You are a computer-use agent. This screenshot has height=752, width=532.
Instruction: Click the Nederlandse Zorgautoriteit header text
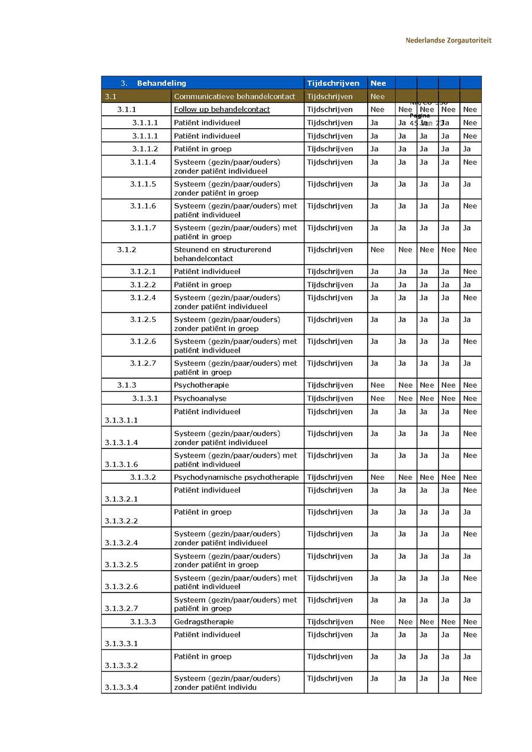click(448, 41)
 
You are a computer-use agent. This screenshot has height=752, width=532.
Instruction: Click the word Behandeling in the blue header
click(161, 83)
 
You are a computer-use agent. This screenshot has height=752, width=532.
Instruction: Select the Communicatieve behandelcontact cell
click(234, 96)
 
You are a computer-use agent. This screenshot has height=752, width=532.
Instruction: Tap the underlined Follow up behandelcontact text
click(222, 109)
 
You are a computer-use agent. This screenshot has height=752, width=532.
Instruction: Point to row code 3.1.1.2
click(145, 149)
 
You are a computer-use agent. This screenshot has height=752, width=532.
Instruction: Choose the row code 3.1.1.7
click(143, 228)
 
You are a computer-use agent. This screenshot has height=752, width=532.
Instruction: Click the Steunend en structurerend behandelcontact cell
click(222, 254)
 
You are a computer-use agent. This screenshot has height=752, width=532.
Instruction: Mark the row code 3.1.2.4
click(143, 298)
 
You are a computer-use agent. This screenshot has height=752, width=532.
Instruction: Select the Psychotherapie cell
click(201, 385)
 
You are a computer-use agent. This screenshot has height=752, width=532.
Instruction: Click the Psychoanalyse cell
click(200, 398)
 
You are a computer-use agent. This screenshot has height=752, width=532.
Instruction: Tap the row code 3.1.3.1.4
click(121, 442)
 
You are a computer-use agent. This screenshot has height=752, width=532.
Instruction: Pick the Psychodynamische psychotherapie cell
click(236, 477)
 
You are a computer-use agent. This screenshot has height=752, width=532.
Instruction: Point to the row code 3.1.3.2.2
click(121, 521)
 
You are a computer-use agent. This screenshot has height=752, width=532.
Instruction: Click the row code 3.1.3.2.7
click(121, 608)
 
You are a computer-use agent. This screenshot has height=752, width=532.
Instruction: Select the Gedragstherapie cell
click(203, 621)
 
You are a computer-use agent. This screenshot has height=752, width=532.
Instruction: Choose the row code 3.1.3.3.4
click(121, 688)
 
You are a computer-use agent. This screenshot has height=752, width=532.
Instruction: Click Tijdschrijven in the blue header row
click(333, 83)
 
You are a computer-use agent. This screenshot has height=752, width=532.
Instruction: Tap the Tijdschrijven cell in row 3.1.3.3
click(329, 621)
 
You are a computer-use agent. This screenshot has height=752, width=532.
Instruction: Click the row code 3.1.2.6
click(143, 341)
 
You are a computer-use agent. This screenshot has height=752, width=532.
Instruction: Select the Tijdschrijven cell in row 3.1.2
click(329, 250)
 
